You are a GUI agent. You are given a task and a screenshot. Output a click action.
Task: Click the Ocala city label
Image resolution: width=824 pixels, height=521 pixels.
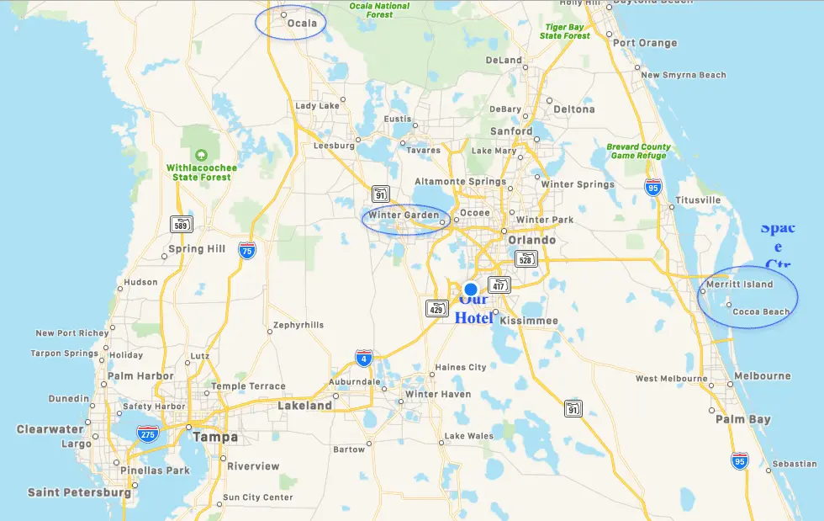point(302,24)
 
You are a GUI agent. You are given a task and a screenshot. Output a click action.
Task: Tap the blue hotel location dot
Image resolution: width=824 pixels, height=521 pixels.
point(471,289)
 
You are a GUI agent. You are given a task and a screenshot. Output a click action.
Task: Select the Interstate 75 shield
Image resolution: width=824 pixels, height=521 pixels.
point(247,251)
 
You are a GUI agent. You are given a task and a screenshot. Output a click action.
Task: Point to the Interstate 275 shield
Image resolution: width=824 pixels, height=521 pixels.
point(148,434)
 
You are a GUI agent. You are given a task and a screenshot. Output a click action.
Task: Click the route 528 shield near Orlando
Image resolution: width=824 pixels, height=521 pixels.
point(526,259)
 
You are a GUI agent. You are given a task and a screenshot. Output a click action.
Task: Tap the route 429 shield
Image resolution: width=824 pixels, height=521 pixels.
point(436,308)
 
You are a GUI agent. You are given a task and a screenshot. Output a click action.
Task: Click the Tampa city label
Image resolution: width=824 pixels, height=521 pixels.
point(215,438)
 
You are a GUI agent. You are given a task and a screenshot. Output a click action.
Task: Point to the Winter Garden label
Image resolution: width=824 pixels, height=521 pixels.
point(404,215)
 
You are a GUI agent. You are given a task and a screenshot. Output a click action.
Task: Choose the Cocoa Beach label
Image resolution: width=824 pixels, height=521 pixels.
point(761,312)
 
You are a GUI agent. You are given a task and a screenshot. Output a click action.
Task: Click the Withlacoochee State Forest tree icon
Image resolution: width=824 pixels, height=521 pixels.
point(201,155)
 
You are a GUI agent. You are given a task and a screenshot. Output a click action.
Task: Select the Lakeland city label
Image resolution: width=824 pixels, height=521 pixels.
point(304,406)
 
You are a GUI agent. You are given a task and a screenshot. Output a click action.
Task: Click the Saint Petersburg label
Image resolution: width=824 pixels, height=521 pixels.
point(79,492)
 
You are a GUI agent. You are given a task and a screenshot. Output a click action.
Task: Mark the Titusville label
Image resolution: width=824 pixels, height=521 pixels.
point(698,200)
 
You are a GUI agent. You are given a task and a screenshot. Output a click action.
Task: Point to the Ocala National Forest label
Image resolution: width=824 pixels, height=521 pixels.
point(380,10)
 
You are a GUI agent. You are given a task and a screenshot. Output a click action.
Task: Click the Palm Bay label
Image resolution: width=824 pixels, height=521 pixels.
point(743,419)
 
